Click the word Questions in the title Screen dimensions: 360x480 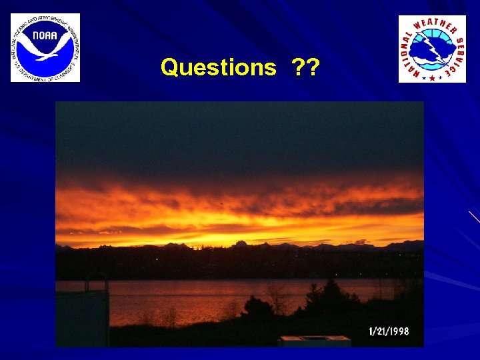pos(218,67)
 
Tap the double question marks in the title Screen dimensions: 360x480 pos(305,67)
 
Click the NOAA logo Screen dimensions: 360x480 pos(45,47)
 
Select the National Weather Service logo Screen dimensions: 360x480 pos(432,49)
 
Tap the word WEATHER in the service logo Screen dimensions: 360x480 pos(437,25)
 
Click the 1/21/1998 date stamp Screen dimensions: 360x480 pos(389,331)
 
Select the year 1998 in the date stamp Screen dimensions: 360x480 pos(398,331)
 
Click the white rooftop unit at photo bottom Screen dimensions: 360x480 pos(315,341)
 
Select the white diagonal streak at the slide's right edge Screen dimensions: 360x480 pos(474,216)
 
